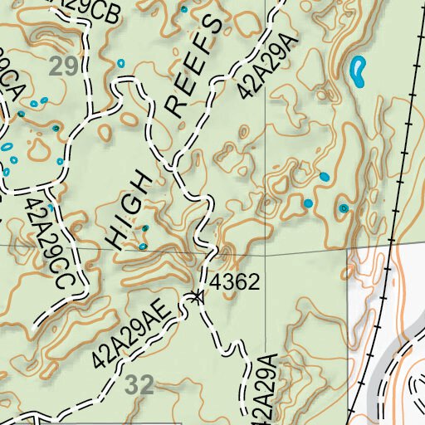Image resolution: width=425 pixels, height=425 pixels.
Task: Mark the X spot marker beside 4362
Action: click(x=197, y=296)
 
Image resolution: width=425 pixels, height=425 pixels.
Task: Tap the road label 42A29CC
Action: click(x=45, y=242)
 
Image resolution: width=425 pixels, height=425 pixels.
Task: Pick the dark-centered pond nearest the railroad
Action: click(x=344, y=208)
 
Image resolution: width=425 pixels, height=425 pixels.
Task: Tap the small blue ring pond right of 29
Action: click(x=121, y=63)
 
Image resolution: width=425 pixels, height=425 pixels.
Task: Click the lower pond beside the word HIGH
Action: click(x=143, y=246)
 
